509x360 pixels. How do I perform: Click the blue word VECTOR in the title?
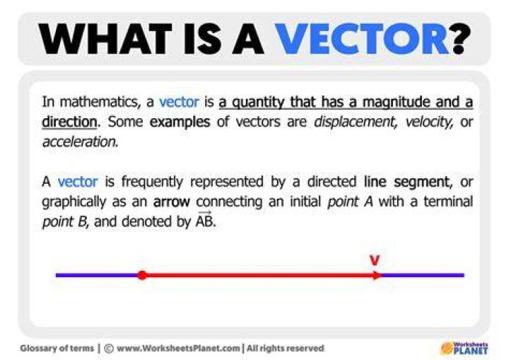tap(362, 40)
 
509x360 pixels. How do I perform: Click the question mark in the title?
tap(461, 40)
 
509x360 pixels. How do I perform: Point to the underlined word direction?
tap(69, 122)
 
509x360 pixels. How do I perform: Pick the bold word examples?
tap(180, 122)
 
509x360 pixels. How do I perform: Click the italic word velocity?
tap(429, 122)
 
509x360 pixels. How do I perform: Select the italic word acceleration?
tap(80, 142)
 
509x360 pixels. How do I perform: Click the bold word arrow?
tap(171, 202)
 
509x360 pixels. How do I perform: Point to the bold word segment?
tap(422, 182)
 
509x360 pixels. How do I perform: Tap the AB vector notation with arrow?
tap(204, 219)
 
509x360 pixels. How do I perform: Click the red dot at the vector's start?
tap(142, 275)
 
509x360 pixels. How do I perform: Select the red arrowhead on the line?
tap(377, 275)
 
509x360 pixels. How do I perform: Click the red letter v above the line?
tap(375, 260)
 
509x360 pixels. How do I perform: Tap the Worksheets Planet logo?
tap(464, 348)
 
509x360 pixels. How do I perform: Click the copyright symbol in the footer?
tap(109, 349)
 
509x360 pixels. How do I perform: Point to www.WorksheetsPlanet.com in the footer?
tap(178, 349)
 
